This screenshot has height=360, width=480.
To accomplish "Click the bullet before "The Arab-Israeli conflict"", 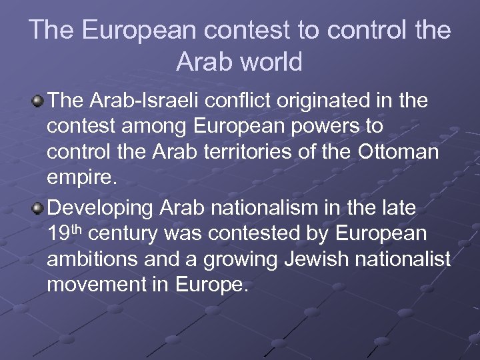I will pyautogui.click(x=37, y=101).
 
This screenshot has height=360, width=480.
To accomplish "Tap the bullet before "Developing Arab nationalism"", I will pyautogui.click(x=37, y=208).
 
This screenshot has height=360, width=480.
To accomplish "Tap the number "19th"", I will pyautogui.click(x=64, y=233).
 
